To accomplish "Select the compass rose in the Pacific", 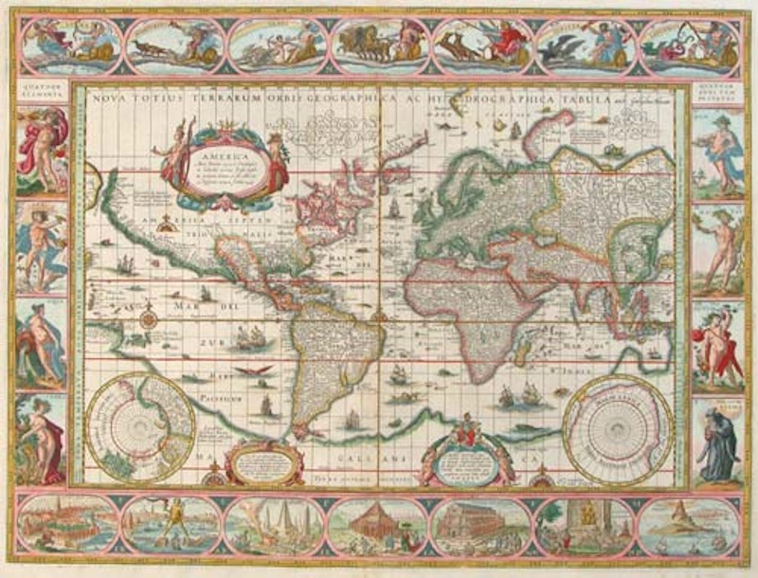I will (148, 316).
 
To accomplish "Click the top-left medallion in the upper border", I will (69, 45).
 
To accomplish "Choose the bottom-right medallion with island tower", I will (687, 526).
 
